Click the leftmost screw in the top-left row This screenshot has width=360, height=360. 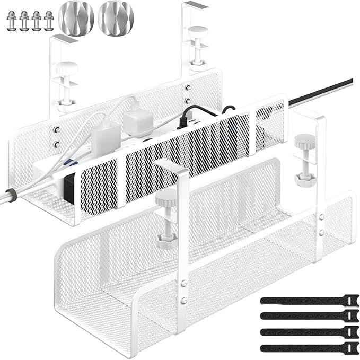[12, 21]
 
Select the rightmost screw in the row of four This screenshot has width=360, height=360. [49, 21]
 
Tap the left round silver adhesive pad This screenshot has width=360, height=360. [76, 19]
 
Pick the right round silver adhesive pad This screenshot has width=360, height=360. [116, 19]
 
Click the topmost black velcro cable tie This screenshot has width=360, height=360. [310, 300]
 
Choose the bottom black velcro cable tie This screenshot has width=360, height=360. [310, 348]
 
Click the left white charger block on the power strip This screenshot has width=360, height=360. [105, 139]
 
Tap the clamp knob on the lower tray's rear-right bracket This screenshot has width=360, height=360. [305, 142]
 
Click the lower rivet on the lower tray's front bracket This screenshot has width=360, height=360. [183, 301]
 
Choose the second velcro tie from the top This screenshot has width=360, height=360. [310, 316]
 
